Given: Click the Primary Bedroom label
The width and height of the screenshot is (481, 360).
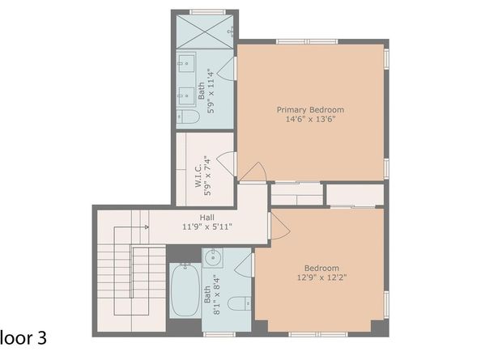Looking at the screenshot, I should tap(310, 109).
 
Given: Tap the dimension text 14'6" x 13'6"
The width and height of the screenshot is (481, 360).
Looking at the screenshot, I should tap(310, 120).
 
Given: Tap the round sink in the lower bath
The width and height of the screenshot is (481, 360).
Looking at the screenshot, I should tap(214, 260).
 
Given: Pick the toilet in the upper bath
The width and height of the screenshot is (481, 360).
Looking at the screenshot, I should tap(189, 118).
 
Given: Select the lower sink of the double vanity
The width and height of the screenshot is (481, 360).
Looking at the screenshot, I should tap(185, 91).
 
